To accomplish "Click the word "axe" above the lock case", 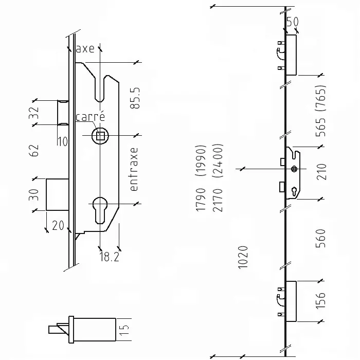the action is tap(85, 49).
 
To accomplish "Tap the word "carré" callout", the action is tap(90, 116).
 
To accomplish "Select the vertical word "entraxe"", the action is tap(134, 169).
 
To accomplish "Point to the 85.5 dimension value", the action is tap(135, 98).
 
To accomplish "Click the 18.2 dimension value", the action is tap(109, 257).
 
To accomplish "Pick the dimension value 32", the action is tap(33, 113).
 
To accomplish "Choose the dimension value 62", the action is tap(34, 150).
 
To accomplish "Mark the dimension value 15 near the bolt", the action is tap(124, 330).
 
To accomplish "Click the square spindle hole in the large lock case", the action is tap(100, 136).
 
